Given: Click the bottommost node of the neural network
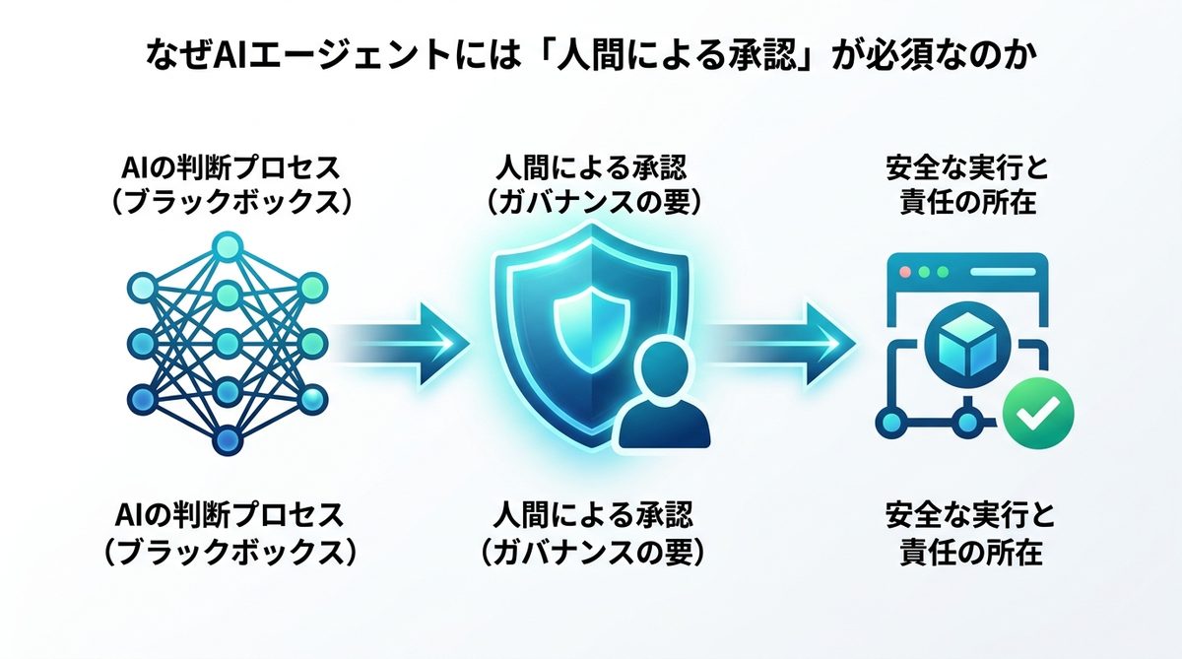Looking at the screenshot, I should pos(228,438).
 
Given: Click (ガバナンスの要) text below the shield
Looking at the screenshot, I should pos(591,553).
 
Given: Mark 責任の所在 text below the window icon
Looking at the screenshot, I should pos(969,553).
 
